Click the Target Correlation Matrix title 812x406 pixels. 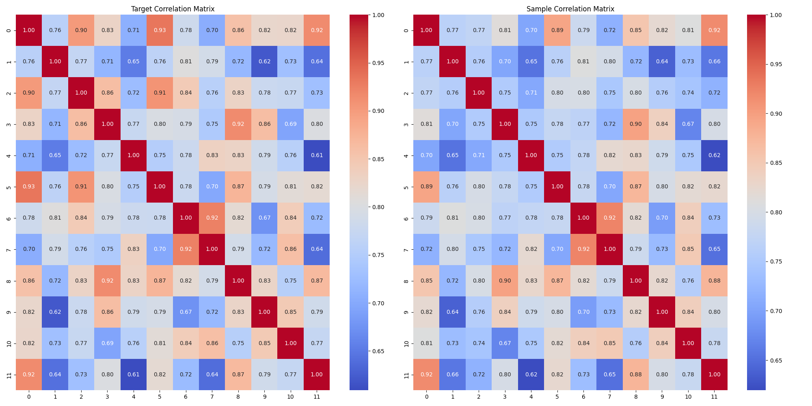pyautogui.click(x=173, y=9)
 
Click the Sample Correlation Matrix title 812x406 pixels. pyautogui.click(x=570, y=9)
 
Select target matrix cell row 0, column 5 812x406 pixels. pyautogui.click(x=160, y=30)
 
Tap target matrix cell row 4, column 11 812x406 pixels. pyautogui.click(x=317, y=155)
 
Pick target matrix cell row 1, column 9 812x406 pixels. pyautogui.click(x=264, y=62)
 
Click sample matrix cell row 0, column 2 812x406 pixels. pyautogui.click(x=479, y=30)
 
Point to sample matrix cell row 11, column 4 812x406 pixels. pyautogui.click(x=531, y=374)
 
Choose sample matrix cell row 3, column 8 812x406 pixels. pyautogui.click(x=636, y=124)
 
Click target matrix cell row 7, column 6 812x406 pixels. pyautogui.click(x=186, y=249)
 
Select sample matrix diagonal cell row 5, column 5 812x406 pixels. pyautogui.click(x=557, y=187)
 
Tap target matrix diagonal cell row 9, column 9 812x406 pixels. pyautogui.click(x=264, y=312)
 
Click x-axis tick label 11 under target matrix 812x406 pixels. pyautogui.click(x=317, y=397)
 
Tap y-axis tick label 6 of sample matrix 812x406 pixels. pyautogui.click(x=407, y=218)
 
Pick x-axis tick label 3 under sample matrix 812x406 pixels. pyautogui.click(x=505, y=397)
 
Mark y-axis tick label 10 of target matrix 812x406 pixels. pyautogui.click(x=9, y=343)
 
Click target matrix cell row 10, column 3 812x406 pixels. pyautogui.click(x=107, y=343)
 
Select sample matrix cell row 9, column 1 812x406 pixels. pyautogui.click(x=453, y=312)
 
